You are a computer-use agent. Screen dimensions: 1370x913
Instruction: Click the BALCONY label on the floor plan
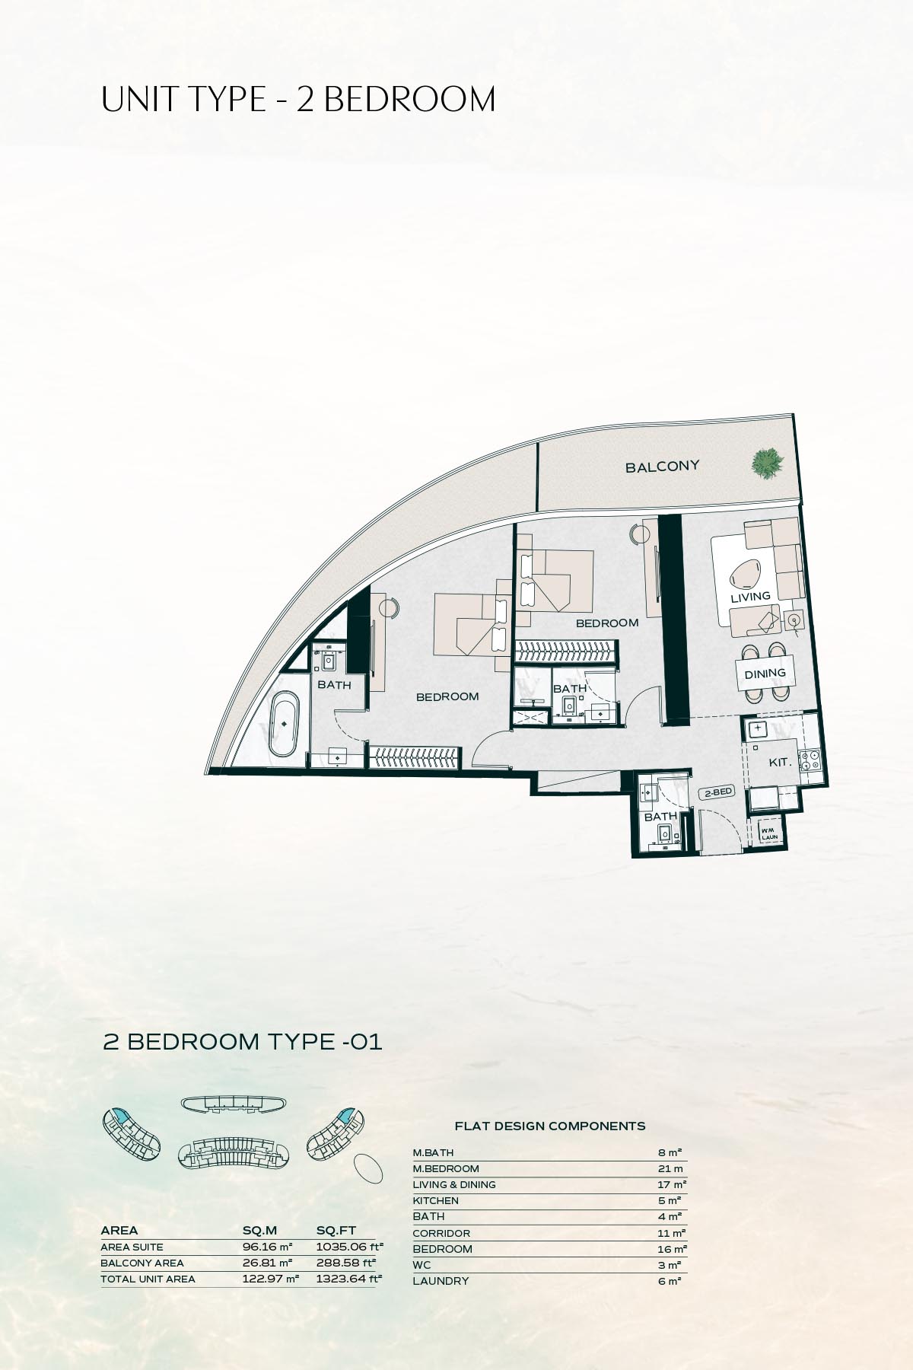click(662, 467)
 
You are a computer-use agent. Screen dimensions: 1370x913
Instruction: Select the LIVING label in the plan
click(750, 597)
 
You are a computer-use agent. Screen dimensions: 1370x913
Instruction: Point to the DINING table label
click(765, 674)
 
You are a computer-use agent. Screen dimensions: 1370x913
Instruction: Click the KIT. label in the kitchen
click(780, 762)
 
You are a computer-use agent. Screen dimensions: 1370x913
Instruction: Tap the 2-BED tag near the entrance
click(717, 792)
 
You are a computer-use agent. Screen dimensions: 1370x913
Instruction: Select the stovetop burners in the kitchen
click(812, 760)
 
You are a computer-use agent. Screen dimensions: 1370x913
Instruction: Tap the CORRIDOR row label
click(441, 1233)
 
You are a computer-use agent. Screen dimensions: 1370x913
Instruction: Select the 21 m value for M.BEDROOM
click(670, 1169)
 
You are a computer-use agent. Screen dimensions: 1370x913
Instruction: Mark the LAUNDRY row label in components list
click(441, 1281)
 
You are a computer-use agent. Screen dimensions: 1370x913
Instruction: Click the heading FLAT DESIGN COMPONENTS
click(549, 1126)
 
